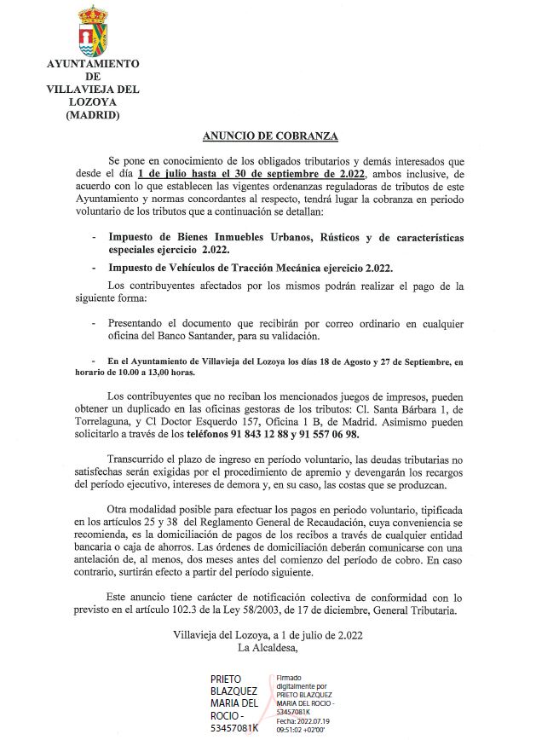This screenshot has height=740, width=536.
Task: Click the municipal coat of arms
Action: click(x=92, y=30)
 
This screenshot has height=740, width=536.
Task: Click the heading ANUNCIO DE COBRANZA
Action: click(x=270, y=136)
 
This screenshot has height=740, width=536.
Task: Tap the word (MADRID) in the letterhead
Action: click(x=93, y=115)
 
